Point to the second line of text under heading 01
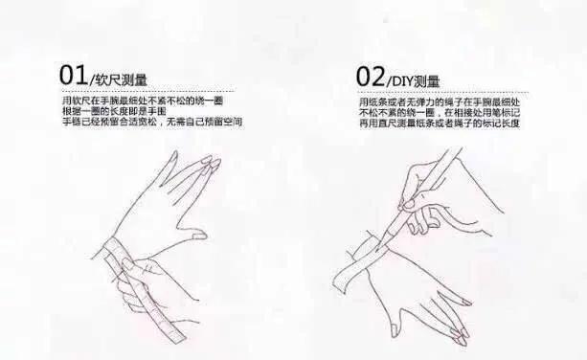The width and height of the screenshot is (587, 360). [x=115, y=111]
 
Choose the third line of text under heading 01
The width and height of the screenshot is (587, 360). [x=150, y=122]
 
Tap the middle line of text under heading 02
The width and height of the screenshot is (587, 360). [x=443, y=112]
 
